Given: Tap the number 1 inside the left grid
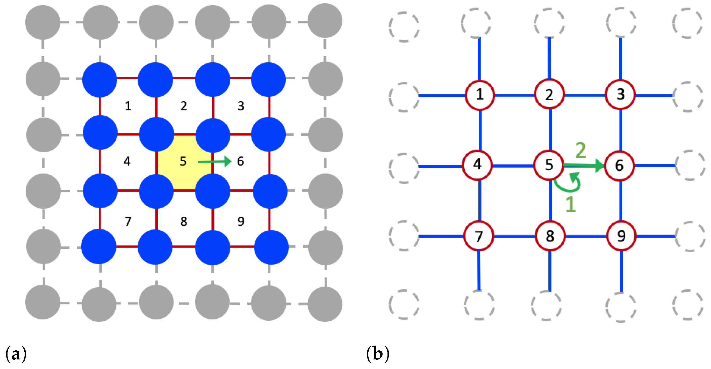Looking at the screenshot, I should click(128, 106).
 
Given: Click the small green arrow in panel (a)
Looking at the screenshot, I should click(215, 162).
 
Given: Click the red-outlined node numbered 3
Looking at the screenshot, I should click(620, 95).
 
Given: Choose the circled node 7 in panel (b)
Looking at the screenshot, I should click(478, 236).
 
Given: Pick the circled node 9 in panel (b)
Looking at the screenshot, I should click(621, 236).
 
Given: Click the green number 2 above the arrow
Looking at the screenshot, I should click(580, 151).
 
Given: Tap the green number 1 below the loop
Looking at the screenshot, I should click(570, 205).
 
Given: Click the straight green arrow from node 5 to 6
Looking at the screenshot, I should click(582, 165).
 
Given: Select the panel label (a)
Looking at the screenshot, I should click(16, 355).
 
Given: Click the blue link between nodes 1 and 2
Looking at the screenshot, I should click(514, 96).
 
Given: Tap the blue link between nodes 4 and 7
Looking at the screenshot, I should click(480, 201).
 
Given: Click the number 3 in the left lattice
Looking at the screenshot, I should click(241, 106).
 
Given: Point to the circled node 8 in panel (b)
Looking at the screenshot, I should click(550, 236).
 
